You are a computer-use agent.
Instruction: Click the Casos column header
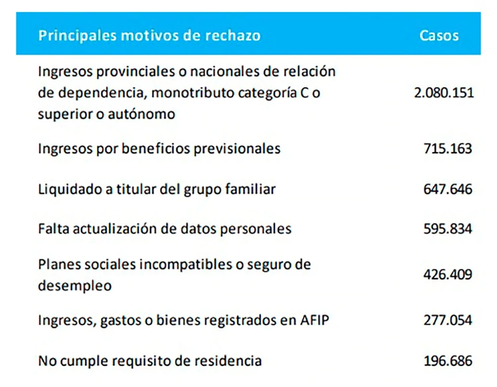tap(439, 35)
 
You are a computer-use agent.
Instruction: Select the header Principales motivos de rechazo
tap(150, 35)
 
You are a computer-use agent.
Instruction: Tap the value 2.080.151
tap(444, 92)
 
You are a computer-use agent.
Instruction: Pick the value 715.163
tap(448, 149)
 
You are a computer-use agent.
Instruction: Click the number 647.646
tap(448, 189)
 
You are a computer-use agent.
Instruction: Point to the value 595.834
tap(448, 229)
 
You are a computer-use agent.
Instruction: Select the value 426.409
tap(448, 274)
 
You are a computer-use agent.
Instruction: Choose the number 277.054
tap(448, 321)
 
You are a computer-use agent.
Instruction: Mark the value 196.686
tap(448, 361)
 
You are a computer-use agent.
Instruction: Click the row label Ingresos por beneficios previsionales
tap(160, 149)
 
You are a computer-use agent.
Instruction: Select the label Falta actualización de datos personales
tap(165, 229)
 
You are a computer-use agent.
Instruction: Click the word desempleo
tap(75, 286)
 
